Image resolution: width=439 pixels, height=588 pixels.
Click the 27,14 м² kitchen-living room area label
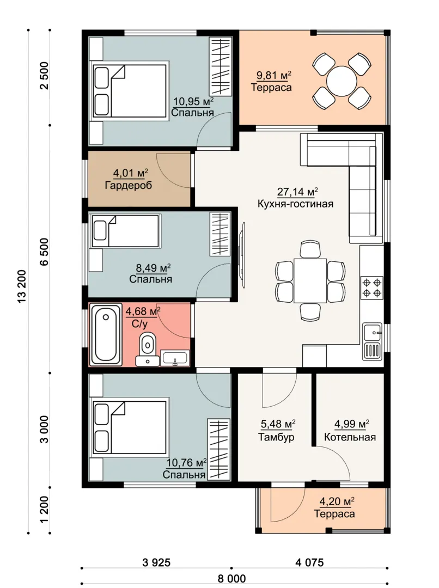tap(297, 192)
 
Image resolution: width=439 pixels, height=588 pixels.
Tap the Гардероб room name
tap(129, 185)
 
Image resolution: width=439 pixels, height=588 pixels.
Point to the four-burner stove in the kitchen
tap(371, 287)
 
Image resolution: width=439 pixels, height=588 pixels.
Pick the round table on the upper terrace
tap(342, 81)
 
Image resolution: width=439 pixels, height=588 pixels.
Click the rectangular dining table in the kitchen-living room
tap(310, 280)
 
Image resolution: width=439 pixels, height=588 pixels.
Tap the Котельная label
tap(350, 437)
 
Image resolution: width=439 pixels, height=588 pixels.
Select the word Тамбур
tap(276, 437)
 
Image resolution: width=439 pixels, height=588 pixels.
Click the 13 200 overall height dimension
tap(21, 286)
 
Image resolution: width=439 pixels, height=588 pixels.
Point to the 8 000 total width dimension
tap(232, 578)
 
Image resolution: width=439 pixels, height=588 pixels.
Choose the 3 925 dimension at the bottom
tap(156, 562)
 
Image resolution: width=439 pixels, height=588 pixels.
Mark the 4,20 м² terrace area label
tap(337, 501)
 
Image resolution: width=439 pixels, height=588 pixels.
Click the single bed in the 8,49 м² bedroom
tap(125, 231)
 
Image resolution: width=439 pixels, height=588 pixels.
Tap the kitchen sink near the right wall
tap(372, 341)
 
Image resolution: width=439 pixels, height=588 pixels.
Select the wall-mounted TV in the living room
tap(243, 255)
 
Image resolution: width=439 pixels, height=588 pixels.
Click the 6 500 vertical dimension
tap(44, 251)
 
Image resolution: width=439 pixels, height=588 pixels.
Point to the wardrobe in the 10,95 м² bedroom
tap(220, 67)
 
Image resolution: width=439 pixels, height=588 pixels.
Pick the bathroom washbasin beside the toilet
tap(175, 358)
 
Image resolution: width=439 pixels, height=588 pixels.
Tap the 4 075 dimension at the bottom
tap(309, 562)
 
